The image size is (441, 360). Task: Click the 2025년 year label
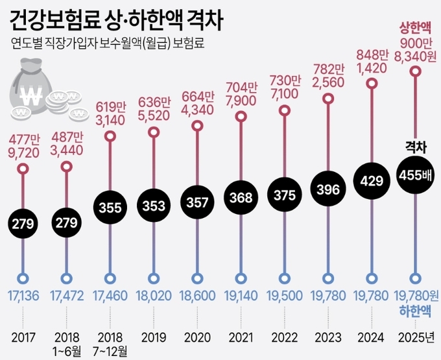click(x=416, y=338)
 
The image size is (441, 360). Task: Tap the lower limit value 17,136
click(x=23, y=296)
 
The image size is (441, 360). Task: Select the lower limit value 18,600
click(x=198, y=296)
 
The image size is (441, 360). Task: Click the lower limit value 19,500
click(x=285, y=296)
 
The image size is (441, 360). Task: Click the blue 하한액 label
click(x=416, y=311)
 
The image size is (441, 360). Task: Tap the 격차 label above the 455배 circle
click(x=415, y=147)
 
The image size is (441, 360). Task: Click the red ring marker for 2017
click(x=23, y=170)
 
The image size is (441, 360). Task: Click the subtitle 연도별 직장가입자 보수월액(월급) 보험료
click(x=108, y=45)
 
